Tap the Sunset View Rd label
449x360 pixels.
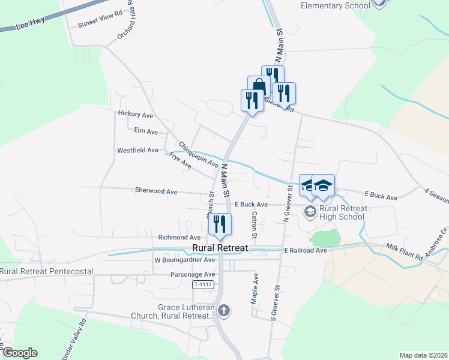100,26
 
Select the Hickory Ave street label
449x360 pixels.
136,114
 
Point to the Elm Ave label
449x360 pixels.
146,131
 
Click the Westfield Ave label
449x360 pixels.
137,150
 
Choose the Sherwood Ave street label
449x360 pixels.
156,191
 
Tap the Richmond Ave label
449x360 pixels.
179,238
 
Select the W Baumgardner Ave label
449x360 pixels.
184,260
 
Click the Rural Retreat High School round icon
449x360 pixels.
310,211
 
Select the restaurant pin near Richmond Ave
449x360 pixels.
220,224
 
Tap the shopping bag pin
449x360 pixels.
258,86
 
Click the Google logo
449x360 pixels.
20,353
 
